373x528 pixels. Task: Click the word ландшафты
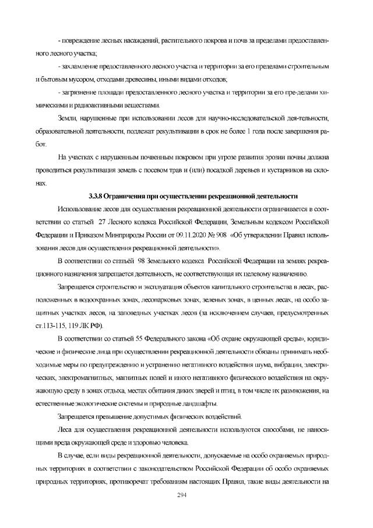(197, 404)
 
